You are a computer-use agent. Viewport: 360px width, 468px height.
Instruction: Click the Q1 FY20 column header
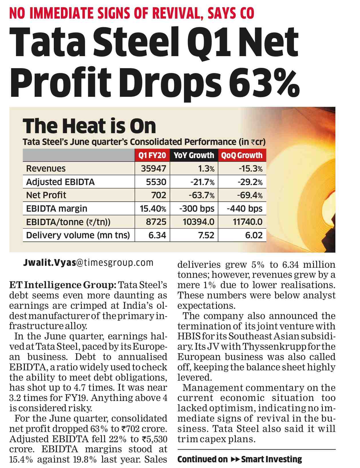point(152,155)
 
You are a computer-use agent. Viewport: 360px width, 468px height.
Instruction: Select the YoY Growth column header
point(194,155)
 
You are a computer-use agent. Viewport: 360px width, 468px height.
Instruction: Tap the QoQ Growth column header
point(242,155)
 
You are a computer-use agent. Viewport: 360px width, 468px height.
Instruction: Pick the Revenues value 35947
point(154,168)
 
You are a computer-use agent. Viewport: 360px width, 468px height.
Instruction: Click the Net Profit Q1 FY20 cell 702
point(159,195)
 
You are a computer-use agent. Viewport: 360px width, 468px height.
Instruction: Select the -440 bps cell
point(245,209)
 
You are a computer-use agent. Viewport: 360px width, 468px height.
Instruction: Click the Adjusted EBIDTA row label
point(60,182)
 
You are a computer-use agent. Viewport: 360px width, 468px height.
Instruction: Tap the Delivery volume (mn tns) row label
point(78,235)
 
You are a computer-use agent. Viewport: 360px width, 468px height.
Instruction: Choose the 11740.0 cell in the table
point(248,222)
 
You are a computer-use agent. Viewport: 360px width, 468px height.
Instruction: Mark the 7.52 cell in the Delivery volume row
point(206,235)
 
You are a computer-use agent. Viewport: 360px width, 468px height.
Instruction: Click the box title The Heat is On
point(89,126)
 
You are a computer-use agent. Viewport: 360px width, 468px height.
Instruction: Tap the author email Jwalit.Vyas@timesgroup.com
point(88,263)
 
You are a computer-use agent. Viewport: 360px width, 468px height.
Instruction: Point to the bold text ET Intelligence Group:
point(63,285)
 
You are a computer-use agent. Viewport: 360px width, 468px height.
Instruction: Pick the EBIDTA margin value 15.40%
point(153,209)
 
